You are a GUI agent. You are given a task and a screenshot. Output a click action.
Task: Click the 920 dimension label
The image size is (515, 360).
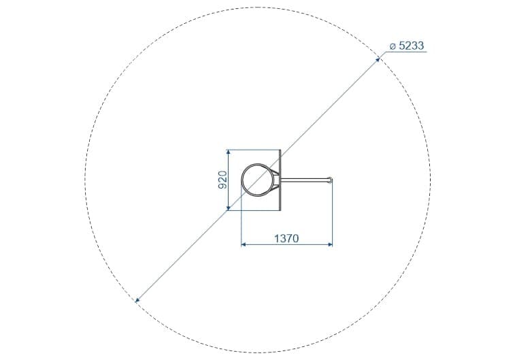(x=222, y=180)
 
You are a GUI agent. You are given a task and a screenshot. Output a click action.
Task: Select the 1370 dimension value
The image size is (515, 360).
(x=286, y=238)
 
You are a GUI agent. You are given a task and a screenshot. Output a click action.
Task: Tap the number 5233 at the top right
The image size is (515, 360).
(x=411, y=46)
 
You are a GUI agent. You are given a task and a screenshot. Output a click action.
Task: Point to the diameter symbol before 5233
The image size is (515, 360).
(x=393, y=47)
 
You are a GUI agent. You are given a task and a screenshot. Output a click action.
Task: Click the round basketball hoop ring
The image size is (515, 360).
(x=242, y=180)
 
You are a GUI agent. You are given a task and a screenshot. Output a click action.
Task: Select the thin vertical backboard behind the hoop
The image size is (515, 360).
(x=280, y=180)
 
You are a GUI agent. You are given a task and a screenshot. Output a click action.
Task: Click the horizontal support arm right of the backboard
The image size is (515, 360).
(x=305, y=180)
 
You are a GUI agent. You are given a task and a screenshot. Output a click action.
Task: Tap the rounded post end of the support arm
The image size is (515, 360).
(x=331, y=180)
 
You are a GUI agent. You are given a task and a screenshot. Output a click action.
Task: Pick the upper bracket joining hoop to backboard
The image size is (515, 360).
(x=276, y=172)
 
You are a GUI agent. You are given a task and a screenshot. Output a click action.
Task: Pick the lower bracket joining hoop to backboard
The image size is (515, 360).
(x=276, y=188)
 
